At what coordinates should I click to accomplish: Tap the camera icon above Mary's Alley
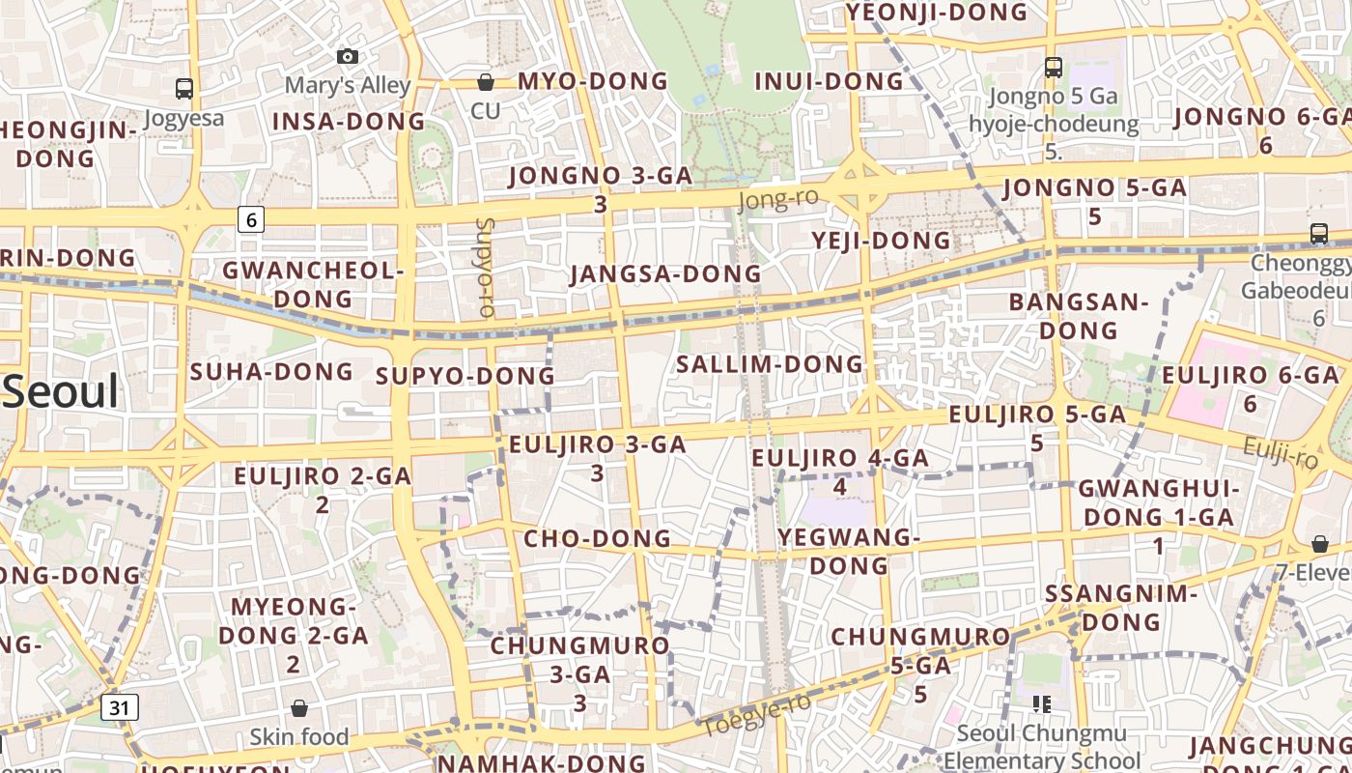[x=348, y=57]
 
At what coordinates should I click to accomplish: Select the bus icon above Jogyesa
[x=183, y=89]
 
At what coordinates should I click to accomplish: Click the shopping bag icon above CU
[x=486, y=82]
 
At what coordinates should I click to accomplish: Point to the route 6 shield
[x=251, y=219]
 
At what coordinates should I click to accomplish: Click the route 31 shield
[x=119, y=707]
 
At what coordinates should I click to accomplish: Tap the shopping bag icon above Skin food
[x=299, y=708]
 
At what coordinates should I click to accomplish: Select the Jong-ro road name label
[x=777, y=199]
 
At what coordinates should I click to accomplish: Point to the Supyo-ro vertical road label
[x=485, y=268]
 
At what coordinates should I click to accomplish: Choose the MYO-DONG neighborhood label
[x=593, y=81]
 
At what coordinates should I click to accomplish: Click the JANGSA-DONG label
[x=665, y=274]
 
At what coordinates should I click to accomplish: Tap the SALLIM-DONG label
[x=769, y=364]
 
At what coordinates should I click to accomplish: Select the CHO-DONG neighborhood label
[x=597, y=538]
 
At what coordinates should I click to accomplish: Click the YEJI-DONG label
[x=881, y=240]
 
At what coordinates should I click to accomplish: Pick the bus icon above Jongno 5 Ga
[x=1053, y=68]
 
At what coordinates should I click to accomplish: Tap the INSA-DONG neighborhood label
[x=349, y=122]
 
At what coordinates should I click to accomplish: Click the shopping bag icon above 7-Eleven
[x=1319, y=545]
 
